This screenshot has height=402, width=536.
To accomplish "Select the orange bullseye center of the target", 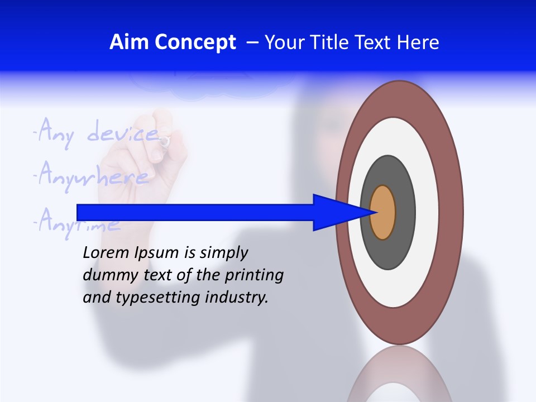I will (383, 213).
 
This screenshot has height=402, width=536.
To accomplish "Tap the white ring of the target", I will (427, 213).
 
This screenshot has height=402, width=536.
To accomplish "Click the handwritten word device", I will (123, 133).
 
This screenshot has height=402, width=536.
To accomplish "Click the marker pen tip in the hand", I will (164, 142).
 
